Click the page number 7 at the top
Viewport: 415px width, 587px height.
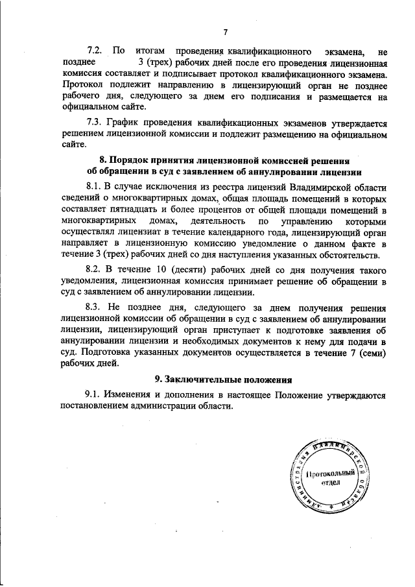(225, 32)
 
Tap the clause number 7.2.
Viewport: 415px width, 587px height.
(95, 50)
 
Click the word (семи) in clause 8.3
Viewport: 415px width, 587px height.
(372, 353)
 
